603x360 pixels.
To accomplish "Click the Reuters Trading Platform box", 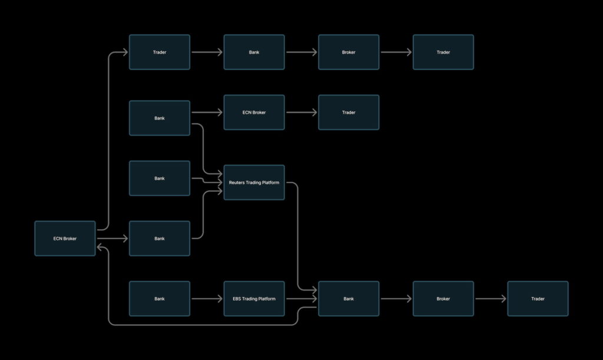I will (x=254, y=183).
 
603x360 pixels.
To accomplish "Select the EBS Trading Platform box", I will (x=254, y=299).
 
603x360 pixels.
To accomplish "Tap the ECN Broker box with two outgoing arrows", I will (x=65, y=239).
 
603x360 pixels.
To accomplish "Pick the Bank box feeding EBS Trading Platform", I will (x=160, y=299).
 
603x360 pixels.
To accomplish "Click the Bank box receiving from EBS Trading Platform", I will (x=349, y=299).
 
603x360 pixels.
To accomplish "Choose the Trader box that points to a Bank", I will (x=160, y=52).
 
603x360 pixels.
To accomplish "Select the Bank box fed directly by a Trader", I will (x=254, y=52).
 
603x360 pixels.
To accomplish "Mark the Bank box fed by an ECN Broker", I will (x=160, y=239).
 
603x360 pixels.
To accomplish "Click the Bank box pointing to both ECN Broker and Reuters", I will (x=160, y=118).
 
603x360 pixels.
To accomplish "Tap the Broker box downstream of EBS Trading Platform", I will (x=443, y=299).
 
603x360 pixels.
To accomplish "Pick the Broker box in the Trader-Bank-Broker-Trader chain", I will (x=349, y=52).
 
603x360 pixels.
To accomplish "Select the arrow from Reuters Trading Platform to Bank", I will (x=297, y=236).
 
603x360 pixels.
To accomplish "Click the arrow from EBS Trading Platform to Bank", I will (x=301, y=299).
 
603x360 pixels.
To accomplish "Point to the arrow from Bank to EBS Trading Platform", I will (x=207, y=299).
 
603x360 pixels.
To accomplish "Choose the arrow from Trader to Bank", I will (x=207, y=52).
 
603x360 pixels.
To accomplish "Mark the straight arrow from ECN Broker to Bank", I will (x=112, y=239).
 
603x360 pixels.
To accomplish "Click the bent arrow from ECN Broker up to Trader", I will (x=110, y=141).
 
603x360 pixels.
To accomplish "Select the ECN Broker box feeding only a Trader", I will (x=254, y=112).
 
